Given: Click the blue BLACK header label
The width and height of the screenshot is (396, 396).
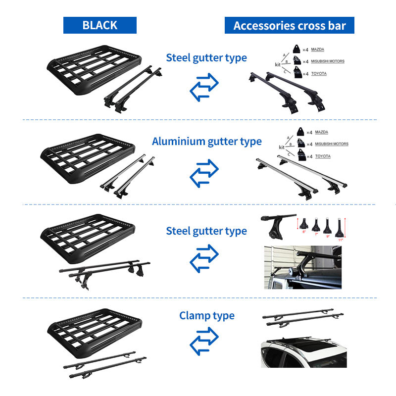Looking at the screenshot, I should click(99, 25).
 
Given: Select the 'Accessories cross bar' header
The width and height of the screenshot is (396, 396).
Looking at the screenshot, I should click(289, 25).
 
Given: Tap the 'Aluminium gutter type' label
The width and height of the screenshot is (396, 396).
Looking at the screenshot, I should click(207, 142).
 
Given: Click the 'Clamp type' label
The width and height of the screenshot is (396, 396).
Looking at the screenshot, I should click(207, 315).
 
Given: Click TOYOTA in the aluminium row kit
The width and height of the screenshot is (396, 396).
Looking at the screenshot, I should click(323, 156).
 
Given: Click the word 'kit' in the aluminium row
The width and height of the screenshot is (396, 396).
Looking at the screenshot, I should click(282, 148).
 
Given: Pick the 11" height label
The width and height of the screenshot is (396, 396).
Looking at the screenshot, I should click(341, 240).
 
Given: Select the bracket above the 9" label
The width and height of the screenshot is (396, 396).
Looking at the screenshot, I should click(328, 226).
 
